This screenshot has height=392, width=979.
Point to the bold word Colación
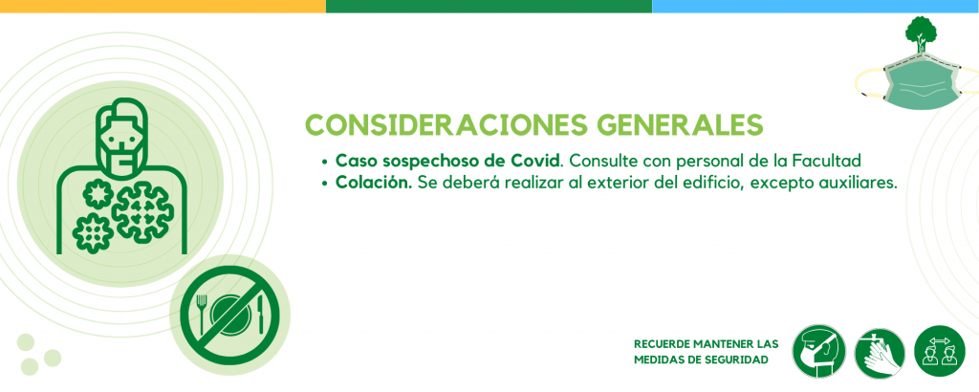pyautogui.click(x=374, y=183)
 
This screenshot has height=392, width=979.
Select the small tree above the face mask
pyautogui.click(x=922, y=35)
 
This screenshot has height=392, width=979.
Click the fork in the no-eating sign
pyautogui.click(x=202, y=312)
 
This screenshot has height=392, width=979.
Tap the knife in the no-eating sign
pyautogui.click(x=260, y=315)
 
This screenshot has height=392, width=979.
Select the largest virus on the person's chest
pyautogui.click(x=142, y=211)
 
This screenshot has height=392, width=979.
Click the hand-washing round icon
pyautogui.click(x=880, y=353)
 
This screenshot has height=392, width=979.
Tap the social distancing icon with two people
pyautogui.click(x=940, y=351)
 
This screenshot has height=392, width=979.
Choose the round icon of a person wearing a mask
pyautogui.click(x=818, y=351)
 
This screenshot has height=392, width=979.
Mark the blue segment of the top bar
pyautogui.click(x=816, y=7)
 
